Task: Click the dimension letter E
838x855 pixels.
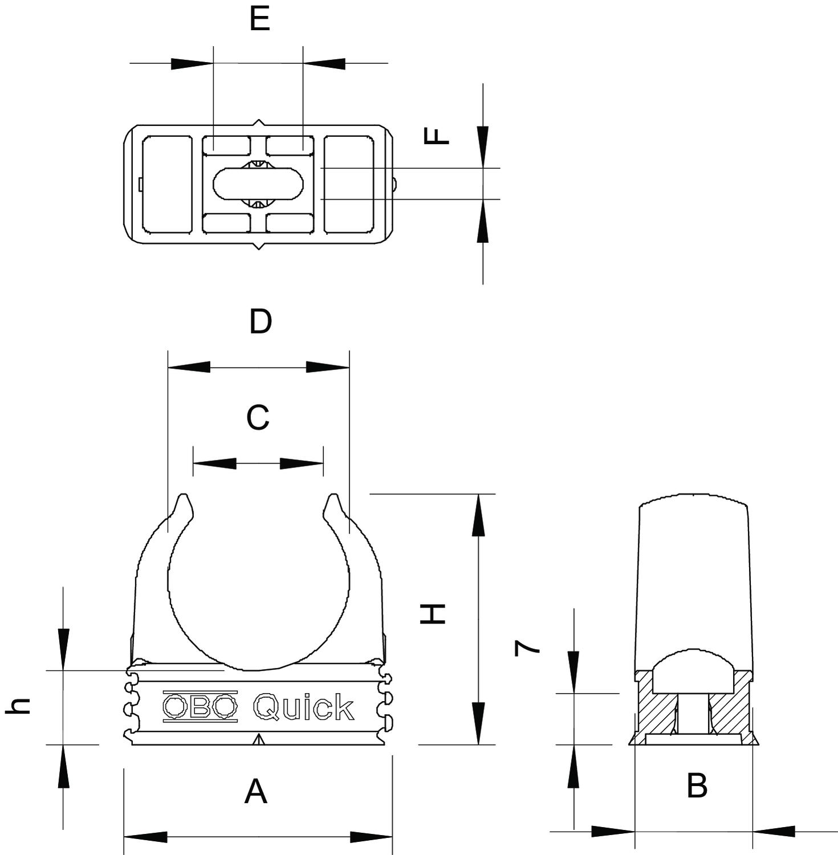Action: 259,19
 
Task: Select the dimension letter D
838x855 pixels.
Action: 261,322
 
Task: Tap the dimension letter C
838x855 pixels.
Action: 258,418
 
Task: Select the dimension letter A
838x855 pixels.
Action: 255,792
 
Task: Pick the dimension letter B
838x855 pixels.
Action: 697,785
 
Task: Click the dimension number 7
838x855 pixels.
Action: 527,648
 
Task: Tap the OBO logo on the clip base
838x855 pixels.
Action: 200,707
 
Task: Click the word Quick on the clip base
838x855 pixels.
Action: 303,707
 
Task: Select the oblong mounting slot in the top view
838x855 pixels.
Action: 258,184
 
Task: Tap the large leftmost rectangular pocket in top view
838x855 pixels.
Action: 166,184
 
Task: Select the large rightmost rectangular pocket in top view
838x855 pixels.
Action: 348,184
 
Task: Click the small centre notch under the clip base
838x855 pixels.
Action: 259,739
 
